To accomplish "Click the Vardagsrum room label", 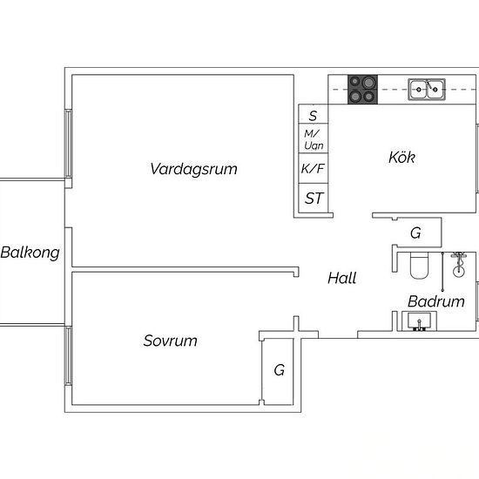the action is point(193,169).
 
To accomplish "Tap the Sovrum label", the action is point(170,341).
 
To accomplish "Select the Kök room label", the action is point(401,157).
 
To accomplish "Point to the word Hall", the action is point(342,278).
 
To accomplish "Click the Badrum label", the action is point(436,301).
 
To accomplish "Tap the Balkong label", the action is point(30,253).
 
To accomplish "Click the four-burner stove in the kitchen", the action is point(362,90).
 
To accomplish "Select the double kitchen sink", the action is point(427,89).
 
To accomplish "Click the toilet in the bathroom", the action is point(419,266).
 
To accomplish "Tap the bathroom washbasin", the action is point(419,321).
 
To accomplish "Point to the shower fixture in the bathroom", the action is point(458,265).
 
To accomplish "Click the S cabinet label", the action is point(313,116).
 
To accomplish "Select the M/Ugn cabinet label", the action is point(314,139).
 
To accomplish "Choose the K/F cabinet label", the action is point(313,169).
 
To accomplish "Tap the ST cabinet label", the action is point(314,199).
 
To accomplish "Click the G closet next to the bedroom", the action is point(280,370).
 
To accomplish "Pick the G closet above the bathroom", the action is point(415,233).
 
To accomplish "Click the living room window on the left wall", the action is point(69,144).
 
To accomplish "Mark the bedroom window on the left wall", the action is point(69,355).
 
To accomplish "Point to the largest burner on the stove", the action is point(368,82).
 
